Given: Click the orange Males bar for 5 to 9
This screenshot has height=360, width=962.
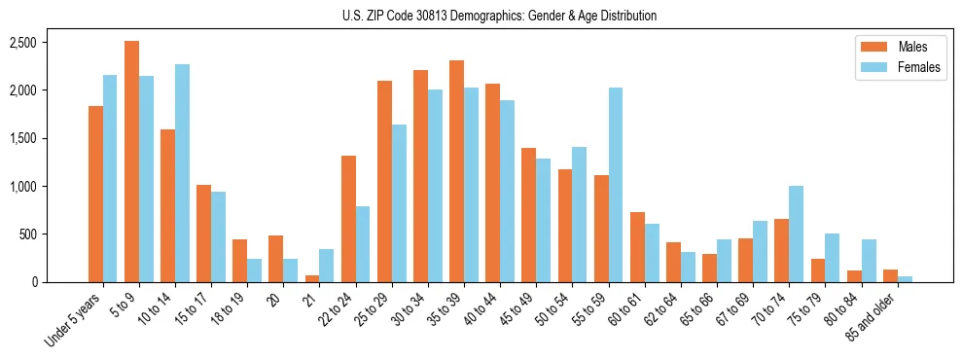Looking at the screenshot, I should (131, 162).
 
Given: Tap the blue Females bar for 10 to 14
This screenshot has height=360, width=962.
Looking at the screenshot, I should (182, 173).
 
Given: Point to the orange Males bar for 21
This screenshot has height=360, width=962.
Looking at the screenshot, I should (311, 278).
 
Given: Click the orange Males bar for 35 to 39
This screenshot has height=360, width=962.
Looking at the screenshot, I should (455, 171).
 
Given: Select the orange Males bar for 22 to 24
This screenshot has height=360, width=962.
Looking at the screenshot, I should (347, 219).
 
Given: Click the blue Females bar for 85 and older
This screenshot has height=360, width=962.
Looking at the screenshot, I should (905, 279).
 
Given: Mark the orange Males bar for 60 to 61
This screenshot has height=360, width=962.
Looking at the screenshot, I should (636, 247).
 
